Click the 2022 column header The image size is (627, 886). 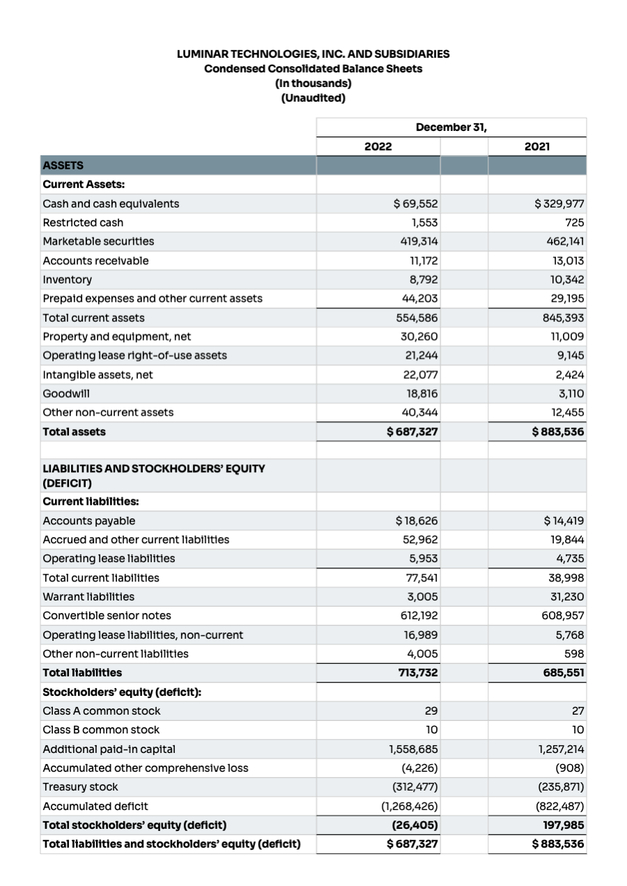click(x=378, y=146)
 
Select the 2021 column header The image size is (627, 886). click(x=537, y=146)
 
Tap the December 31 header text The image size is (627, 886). click(x=451, y=127)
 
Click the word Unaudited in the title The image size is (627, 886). click(x=313, y=98)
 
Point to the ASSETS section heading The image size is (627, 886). click(x=63, y=165)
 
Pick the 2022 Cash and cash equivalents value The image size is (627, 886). click(x=415, y=203)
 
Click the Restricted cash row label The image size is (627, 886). click(x=83, y=222)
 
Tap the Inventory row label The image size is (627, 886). click(x=67, y=279)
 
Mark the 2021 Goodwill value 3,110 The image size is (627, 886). click(x=569, y=393)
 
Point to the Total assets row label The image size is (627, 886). click(x=75, y=432)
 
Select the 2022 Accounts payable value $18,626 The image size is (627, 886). click(x=416, y=520)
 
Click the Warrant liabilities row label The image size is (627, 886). click(x=88, y=596)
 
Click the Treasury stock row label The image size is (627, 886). click(x=80, y=786)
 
